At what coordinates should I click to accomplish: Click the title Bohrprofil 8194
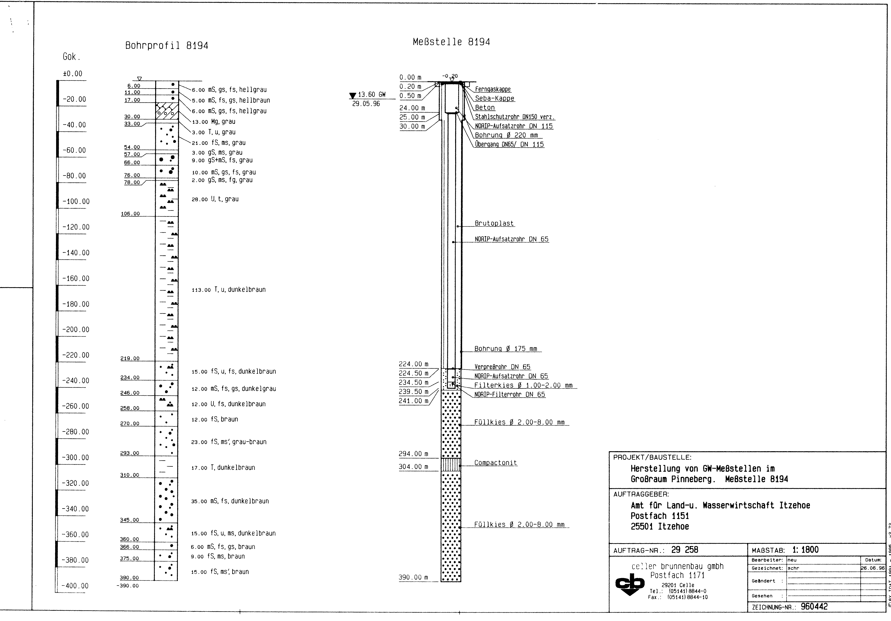pos(166,46)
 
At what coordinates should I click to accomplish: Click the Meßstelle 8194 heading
pos(451,42)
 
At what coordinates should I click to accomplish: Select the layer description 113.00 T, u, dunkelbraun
pos(229,290)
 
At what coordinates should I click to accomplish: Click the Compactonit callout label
pos(495,463)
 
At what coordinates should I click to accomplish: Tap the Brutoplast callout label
pos(494,223)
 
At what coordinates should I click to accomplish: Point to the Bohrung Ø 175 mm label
pos(506,349)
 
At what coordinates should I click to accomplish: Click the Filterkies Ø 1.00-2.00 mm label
pos(523,385)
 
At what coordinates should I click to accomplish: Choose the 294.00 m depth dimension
pos(413,454)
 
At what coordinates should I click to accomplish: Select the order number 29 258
pos(685,550)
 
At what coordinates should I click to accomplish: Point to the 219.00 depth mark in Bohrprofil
pos(130,358)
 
